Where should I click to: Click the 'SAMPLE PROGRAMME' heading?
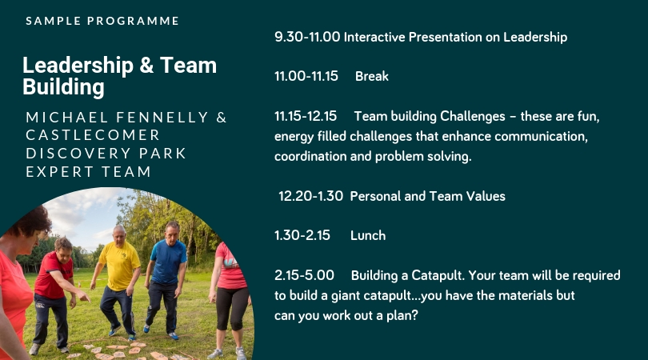coord(102,21)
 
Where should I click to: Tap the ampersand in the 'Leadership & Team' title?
coord(146,66)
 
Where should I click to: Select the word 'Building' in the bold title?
coord(63,87)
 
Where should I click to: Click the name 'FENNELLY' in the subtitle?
coord(162,118)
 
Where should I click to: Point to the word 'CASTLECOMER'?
coord(93,135)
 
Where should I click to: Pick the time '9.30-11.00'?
coord(307,37)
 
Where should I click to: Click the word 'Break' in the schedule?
coord(371,76)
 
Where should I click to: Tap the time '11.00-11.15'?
coord(306,76)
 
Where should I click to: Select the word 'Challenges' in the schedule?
coord(472,117)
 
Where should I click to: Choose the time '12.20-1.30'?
coord(310,196)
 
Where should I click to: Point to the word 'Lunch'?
coord(368,235)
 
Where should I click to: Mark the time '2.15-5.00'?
coord(304,275)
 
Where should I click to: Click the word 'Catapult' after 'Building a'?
coord(438,276)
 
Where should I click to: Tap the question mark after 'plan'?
coord(414,315)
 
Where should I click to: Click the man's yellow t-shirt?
coord(119,266)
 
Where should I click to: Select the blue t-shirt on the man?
coord(168,262)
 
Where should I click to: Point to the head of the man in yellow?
coord(119,234)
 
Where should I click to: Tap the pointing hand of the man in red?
coord(84,296)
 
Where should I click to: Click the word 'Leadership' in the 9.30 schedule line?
coord(534,37)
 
